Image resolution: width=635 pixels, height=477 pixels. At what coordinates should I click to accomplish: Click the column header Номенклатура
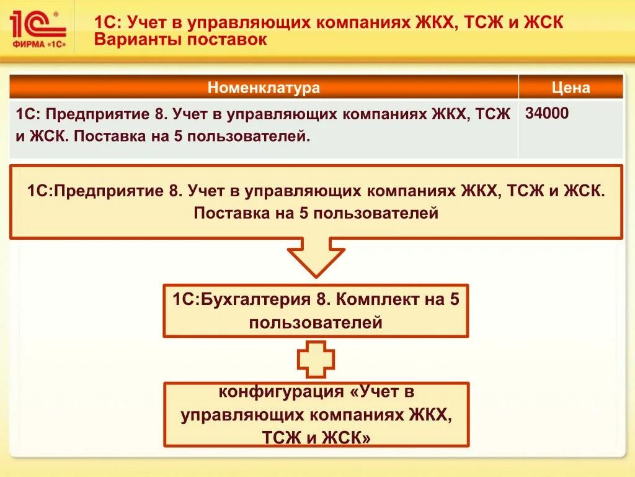pyautogui.click(x=264, y=88)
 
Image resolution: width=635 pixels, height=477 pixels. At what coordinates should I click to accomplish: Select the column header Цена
pyautogui.click(x=571, y=88)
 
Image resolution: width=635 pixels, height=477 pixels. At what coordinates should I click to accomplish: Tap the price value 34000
pyautogui.click(x=547, y=114)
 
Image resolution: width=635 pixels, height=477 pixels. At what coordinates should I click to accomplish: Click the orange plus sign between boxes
pyautogui.click(x=316, y=359)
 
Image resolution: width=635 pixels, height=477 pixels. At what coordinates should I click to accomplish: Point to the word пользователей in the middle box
pyautogui.click(x=316, y=323)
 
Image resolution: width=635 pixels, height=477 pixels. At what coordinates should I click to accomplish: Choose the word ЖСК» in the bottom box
pyautogui.click(x=344, y=438)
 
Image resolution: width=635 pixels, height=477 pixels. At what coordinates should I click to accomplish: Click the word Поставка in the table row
pyautogui.click(x=102, y=135)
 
